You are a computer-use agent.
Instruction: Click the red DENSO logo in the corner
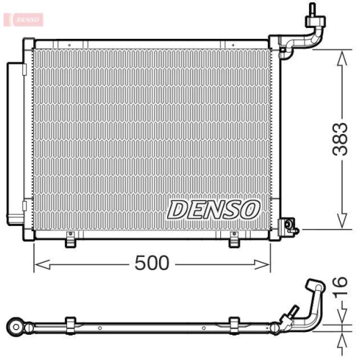pyautogui.click(x=25, y=17)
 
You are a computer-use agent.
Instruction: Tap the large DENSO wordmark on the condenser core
pyautogui.click(x=213, y=210)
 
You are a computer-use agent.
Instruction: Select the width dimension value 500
pyautogui.click(x=151, y=264)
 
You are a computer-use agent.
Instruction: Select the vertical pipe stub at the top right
pyautogui.click(x=312, y=10)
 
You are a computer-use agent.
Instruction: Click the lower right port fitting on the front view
pyautogui.click(x=291, y=226)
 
